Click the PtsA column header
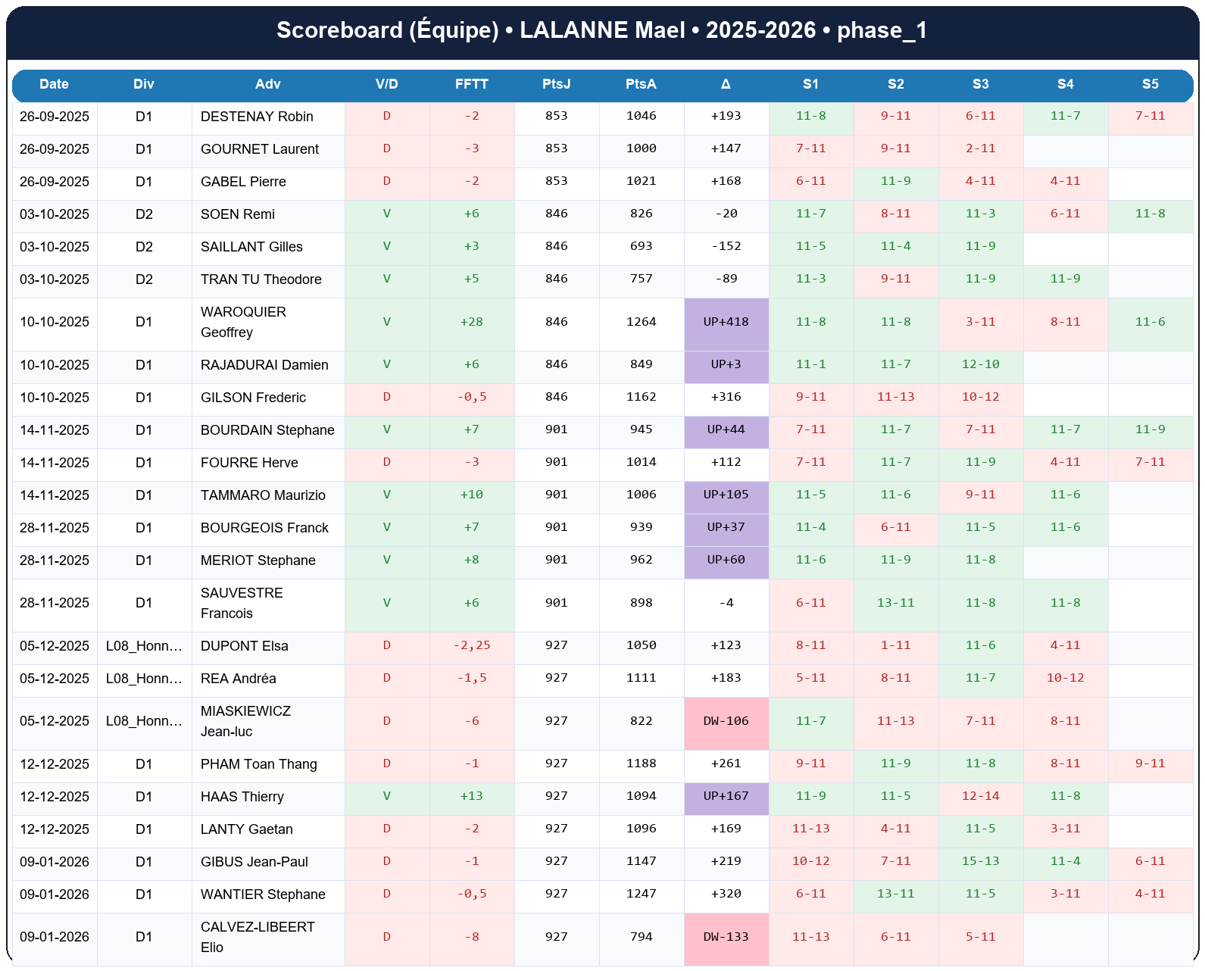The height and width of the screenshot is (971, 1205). (x=641, y=84)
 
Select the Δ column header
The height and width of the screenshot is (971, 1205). (x=726, y=84)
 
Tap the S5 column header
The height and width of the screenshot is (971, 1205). (x=1150, y=84)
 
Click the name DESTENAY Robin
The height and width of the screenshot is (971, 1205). (x=257, y=117)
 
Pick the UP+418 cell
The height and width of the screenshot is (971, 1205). (x=726, y=322)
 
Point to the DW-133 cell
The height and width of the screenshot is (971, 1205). (x=726, y=937)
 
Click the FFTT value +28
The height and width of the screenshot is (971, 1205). (x=471, y=322)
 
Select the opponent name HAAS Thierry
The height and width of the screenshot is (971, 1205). (x=242, y=797)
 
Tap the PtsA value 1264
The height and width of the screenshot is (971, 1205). (x=641, y=322)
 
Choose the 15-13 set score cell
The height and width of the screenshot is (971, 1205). (x=980, y=861)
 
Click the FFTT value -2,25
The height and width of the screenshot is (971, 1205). (x=471, y=645)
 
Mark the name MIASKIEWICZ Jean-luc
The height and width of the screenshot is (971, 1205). (x=245, y=721)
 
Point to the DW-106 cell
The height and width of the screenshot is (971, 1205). (x=726, y=721)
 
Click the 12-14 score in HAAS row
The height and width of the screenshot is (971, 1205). (x=980, y=796)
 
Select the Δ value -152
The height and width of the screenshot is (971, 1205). (x=726, y=246)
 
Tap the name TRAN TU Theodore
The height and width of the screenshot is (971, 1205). (x=261, y=279)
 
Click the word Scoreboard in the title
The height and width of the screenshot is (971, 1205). (x=339, y=30)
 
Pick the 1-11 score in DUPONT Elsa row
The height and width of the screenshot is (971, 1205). (x=895, y=645)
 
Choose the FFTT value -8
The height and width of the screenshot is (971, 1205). (x=471, y=937)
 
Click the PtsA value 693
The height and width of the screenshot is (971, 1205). (x=641, y=246)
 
